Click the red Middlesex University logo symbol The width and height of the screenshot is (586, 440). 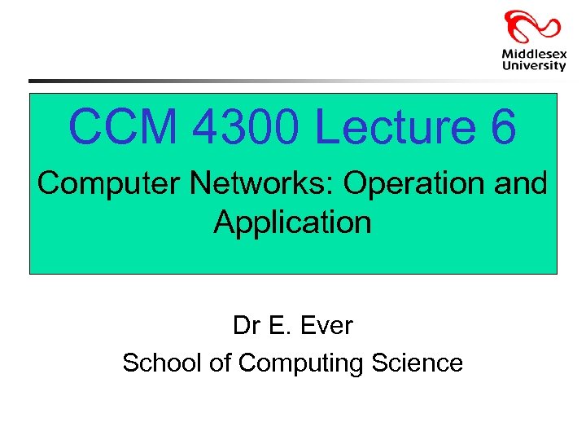tap(532, 26)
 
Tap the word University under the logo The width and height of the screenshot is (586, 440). tap(533, 66)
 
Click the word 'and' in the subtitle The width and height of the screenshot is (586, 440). tap(521, 184)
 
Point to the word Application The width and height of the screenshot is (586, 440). tap(292, 222)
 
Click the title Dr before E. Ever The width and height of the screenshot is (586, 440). tap(246, 326)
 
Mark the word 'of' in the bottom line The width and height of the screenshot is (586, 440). tap(220, 363)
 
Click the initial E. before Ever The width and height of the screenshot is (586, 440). tap(279, 326)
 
